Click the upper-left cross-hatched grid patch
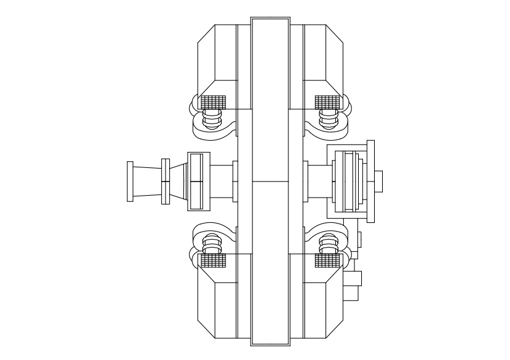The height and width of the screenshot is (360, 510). coord(212,101)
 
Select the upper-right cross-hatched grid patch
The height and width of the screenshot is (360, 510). coord(327,101)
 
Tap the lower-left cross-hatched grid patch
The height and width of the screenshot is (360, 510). coord(212,261)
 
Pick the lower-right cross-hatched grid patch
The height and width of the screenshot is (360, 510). coord(327,261)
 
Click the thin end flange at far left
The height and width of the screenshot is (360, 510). coord(130,181)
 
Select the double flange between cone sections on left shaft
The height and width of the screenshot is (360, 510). coord(165,181)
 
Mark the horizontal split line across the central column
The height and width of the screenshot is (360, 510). coord(270,181)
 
